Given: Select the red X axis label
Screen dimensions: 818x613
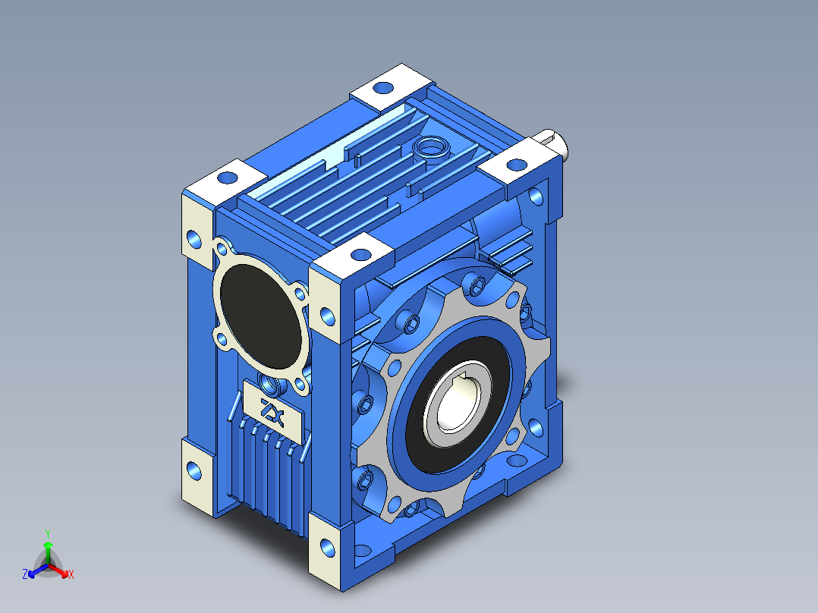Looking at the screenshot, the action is (71, 574).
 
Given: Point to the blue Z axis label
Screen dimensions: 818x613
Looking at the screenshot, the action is (24, 574).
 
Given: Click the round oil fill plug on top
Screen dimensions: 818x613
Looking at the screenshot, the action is (432, 148).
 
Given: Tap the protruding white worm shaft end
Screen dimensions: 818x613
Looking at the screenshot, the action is (552, 142).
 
